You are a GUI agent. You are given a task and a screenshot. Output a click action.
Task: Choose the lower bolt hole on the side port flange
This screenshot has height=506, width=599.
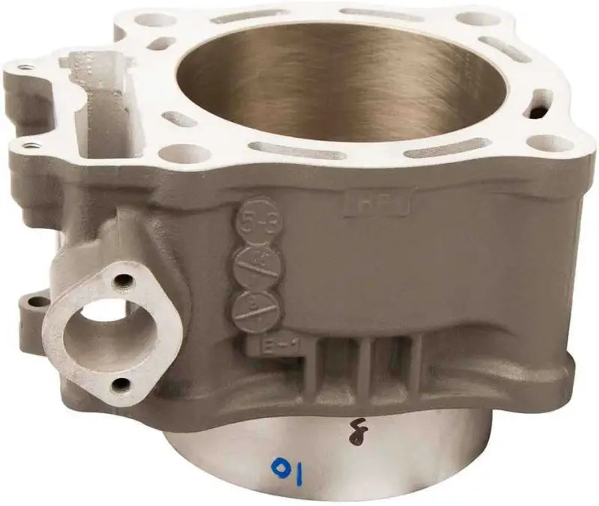pyautogui.click(x=117, y=385)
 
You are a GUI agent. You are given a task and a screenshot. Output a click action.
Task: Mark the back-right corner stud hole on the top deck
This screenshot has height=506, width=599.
pyautogui.click(x=478, y=19)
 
